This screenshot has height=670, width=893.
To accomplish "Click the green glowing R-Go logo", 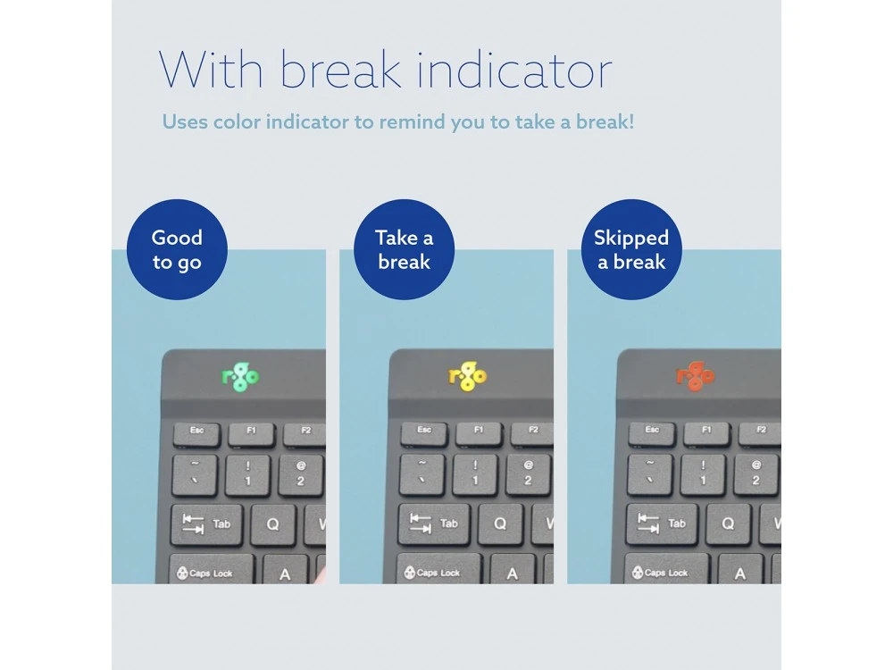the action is (240, 376).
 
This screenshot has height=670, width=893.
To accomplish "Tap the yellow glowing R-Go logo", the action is (468, 376).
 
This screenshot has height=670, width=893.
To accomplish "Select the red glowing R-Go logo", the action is (696, 376).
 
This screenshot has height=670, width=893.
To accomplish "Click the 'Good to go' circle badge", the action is (177, 249).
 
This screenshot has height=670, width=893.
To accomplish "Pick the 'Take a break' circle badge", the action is (405, 249).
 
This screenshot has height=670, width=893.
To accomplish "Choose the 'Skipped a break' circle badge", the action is (631, 249).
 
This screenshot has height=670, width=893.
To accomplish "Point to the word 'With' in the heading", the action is (211, 70).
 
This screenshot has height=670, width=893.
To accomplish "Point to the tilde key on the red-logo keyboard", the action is (650, 474).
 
